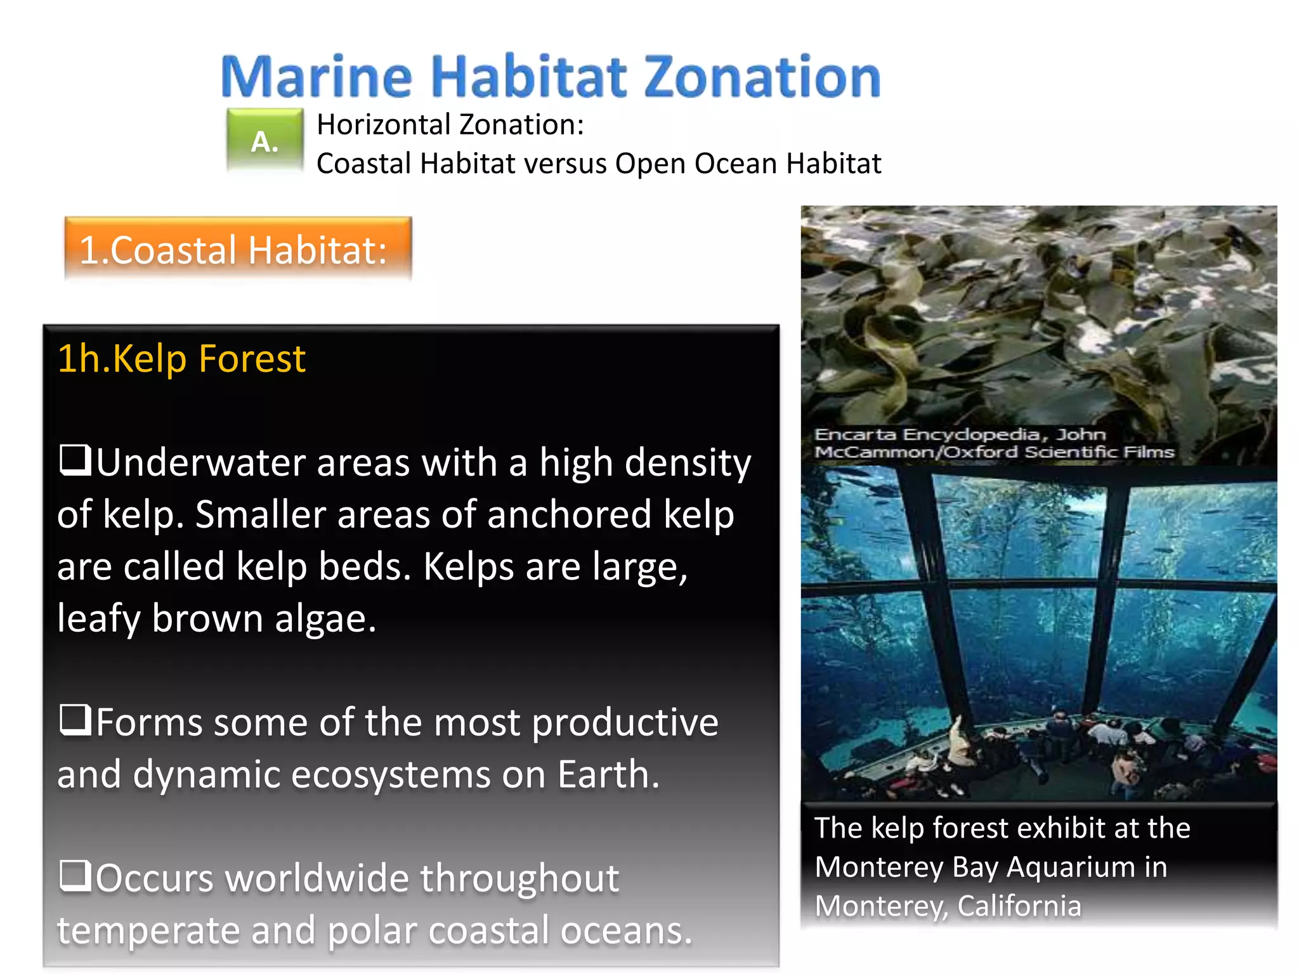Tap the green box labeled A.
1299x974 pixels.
click(x=265, y=141)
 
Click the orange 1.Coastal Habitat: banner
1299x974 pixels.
click(x=238, y=249)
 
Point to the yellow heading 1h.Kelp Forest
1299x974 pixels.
click(x=181, y=359)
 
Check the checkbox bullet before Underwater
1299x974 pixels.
click(x=75, y=460)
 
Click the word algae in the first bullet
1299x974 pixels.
click(x=325, y=619)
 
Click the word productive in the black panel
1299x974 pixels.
click(x=625, y=723)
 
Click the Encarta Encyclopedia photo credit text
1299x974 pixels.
click(x=993, y=443)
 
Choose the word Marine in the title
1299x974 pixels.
click(x=317, y=77)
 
